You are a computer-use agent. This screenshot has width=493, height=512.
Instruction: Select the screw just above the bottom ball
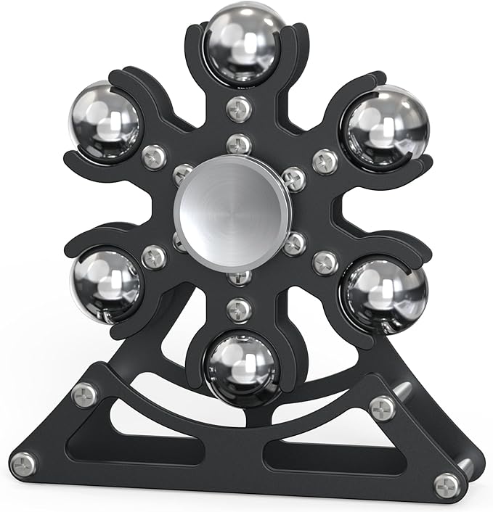[x=239, y=310]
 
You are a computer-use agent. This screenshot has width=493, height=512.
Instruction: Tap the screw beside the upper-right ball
[x=325, y=161]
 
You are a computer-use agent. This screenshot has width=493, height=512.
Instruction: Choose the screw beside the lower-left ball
[x=154, y=256]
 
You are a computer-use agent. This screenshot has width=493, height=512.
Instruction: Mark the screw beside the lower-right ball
[x=325, y=263]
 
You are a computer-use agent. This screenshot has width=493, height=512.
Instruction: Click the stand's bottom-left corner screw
[x=25, y=463]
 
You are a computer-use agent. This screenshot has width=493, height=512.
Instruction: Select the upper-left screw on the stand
[x=84, y=395]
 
